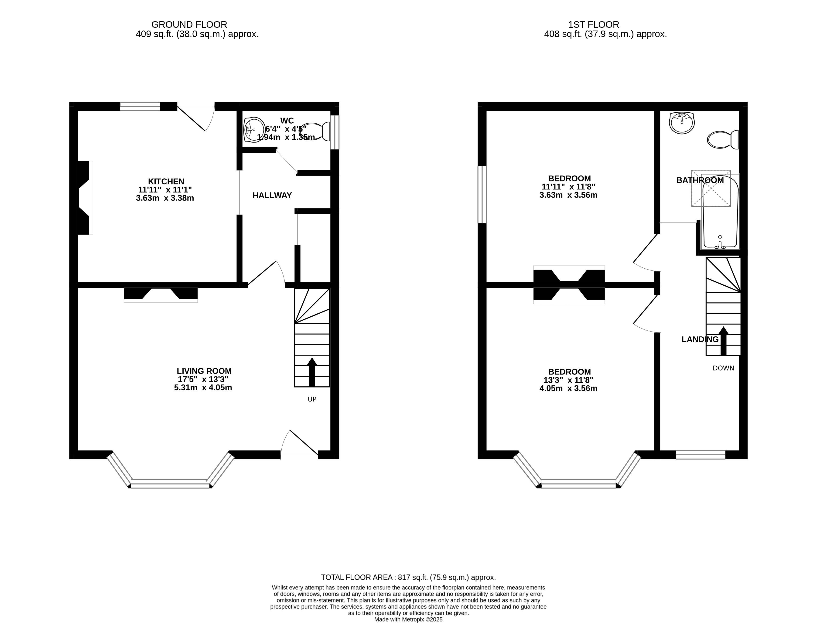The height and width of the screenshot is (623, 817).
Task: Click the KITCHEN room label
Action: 166,181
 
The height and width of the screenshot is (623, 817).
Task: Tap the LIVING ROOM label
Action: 204,371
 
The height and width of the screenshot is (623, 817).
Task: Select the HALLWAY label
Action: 272,195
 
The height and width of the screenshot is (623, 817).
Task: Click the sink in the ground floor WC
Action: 254,130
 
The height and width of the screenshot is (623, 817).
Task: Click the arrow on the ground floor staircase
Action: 312,372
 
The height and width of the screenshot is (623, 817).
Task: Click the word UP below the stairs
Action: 312,399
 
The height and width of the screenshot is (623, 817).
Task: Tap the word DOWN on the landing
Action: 723,368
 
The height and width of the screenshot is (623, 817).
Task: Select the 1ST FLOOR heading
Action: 594,24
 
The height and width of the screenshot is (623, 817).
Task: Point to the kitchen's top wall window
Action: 140,106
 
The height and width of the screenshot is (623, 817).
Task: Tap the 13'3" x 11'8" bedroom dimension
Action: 568,380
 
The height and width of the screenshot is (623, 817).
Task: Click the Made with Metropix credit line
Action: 408,619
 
